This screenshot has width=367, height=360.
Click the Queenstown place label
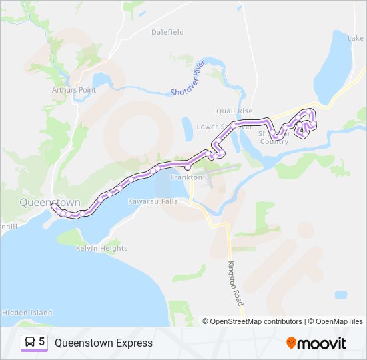[49, 202]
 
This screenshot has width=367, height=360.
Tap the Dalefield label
[167, 32]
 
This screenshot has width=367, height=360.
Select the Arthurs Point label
[74, 89]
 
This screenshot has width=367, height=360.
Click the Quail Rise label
[234, 111]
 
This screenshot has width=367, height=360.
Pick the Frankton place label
[186, 178]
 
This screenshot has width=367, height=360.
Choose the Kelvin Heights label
[101, 249]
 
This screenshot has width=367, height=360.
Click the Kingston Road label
[236, 283]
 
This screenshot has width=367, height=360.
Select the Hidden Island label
[27, 312]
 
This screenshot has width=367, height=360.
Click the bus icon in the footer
[29, 342]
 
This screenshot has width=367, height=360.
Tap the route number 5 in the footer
[42, 342]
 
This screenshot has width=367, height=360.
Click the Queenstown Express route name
[103, 343]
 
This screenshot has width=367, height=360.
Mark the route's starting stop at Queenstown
[53, 206]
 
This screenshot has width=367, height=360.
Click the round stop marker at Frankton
[188, 168]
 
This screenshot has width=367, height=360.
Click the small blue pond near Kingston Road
[341, 294]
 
